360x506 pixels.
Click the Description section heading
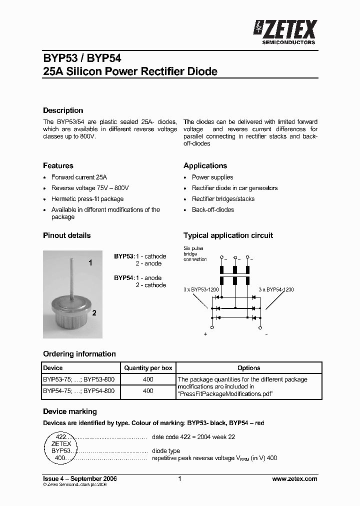click(x=63, y=110)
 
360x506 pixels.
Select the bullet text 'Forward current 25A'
click(x=79, y=177)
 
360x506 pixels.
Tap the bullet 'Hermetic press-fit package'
click(x=87, y=199)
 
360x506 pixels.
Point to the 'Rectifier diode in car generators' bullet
click(x=234, y=188)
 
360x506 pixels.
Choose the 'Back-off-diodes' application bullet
click(x=213, y=210)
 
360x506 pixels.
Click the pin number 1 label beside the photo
click(x=90, y=262)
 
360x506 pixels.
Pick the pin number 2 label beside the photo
click(x=94, y=313)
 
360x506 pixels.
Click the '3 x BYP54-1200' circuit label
click(x=276, y=289)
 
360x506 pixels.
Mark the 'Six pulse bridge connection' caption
click(x=195, y=253)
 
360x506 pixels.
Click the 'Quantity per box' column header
click(x=148, y=368)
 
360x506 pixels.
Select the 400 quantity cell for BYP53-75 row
click(x=148, y=379)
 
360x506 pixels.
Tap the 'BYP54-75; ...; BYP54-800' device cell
click(x=78, y=391)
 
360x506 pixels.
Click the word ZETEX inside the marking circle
click(x=61, y=443)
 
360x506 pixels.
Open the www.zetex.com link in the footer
click(x=294, y=479)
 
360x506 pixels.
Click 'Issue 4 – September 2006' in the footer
click(x=80, y=479)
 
